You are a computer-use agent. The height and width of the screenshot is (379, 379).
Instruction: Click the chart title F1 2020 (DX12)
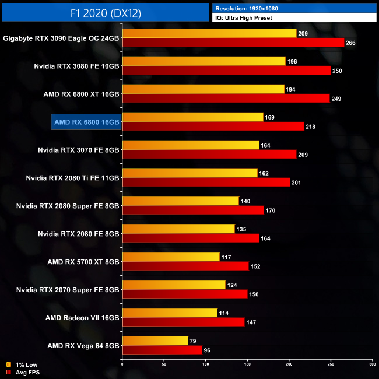(105, 12)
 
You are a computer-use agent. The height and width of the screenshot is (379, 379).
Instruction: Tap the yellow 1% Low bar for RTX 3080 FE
(204, 61)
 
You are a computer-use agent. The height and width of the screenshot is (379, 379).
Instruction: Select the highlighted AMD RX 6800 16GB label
(86, 122)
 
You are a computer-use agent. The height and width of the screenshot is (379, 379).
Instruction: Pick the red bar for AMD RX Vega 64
(162, 350)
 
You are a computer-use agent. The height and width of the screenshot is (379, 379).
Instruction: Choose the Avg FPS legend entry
(23, 371)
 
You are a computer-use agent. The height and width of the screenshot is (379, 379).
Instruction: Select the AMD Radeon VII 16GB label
(82, 318)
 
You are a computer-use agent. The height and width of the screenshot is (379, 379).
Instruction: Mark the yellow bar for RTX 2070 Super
(174, 285)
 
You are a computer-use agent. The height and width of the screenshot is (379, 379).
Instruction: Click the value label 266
(350, 43)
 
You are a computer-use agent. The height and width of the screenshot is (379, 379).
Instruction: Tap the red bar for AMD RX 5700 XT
(185, 266)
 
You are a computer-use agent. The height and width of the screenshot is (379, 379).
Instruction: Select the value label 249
(338, 99)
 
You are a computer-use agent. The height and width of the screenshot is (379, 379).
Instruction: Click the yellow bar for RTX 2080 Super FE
(181, 201)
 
